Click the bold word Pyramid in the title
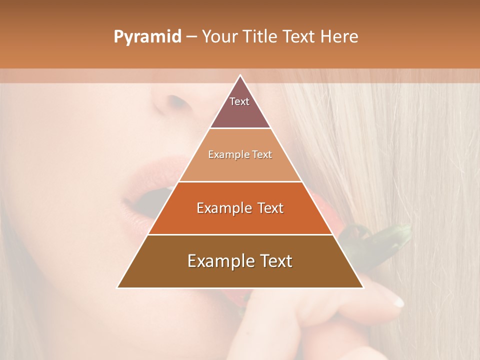coord(147,37)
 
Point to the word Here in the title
coord(339,37)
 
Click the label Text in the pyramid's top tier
coord(239,101)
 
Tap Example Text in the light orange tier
coord(240,154)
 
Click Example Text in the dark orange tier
coord(240,208)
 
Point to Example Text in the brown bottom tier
coord(240,261)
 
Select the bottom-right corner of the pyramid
coord(362,287)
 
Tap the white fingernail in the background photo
coord(397,301)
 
